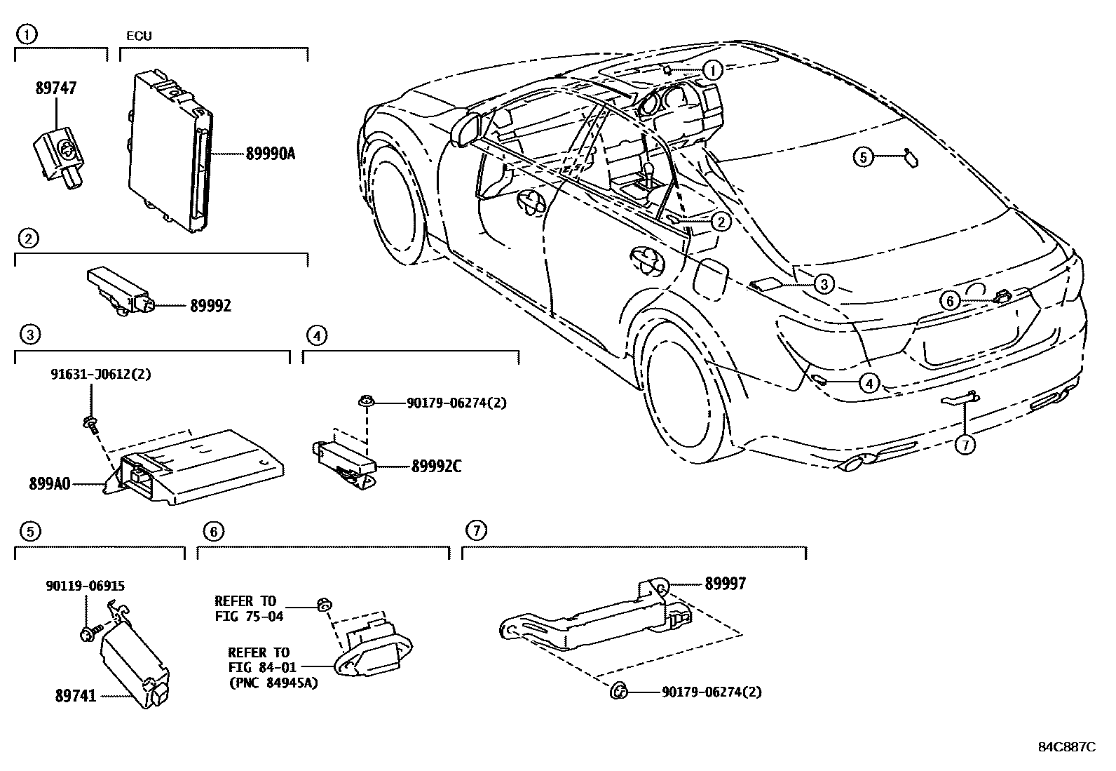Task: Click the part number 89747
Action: coord(56,88)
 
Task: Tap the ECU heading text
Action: coord(139,36)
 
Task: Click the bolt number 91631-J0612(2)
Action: coord(101,375)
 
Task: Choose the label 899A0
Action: coord(49,483)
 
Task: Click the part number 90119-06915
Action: coord(87,586)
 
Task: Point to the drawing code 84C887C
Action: coord(1066,746)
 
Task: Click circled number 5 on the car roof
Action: coord(864,158)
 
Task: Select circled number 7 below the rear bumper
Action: coord(965,444)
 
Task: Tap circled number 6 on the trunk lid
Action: coord(949,301)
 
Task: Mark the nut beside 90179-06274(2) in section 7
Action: coord(619,692)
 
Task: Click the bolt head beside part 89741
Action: coord(88,635)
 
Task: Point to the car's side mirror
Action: coord(463,128)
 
